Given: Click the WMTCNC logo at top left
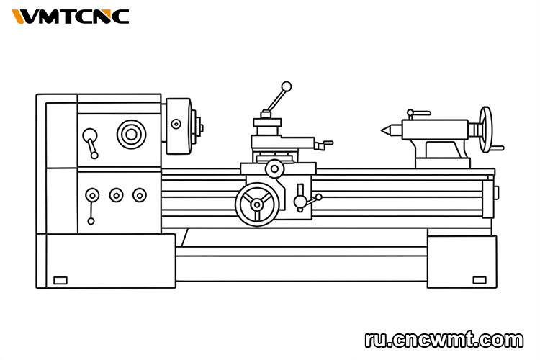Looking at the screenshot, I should (71, 16).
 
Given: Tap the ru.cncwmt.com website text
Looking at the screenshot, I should (444, 339).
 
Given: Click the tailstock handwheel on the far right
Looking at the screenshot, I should (487, 130).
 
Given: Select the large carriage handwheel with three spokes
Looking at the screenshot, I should (257, 204).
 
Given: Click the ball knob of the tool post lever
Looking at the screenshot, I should (287, 86).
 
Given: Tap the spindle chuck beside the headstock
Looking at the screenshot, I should (179, 126).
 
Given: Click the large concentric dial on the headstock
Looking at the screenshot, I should (130, 133).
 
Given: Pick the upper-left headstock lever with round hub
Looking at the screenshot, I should (90, 137).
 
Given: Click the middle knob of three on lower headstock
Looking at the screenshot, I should (116, 194).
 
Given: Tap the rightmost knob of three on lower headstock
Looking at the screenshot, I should (139, 194).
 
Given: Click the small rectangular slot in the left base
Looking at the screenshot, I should (60, 280).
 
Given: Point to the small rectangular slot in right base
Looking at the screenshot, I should (479, 280).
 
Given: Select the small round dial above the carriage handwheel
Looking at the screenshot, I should (274, 169).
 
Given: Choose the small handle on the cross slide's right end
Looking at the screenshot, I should (326, 143).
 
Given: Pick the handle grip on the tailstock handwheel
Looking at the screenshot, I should (497, 148).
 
